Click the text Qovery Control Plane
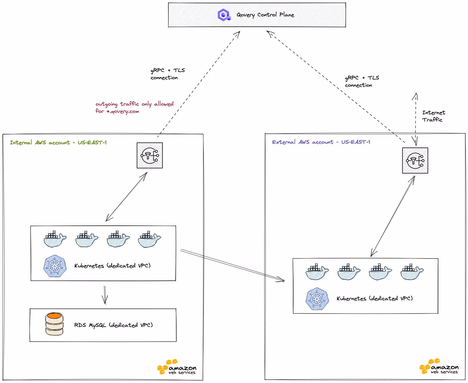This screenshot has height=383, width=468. click(265, 15)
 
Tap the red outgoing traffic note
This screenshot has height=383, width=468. click(134, 107)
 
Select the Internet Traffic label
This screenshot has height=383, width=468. click(433, 116)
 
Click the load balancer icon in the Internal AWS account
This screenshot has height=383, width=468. click(150, 155)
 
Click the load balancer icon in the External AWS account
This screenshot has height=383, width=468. click(415, 160)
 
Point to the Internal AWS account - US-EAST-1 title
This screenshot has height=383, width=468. click(58, 142)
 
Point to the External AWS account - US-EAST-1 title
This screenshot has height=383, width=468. click(321, 142)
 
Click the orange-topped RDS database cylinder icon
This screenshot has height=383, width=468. click(54, 324)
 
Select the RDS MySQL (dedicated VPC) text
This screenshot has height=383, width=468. click(113, 325)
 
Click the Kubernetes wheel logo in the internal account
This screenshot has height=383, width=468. click(55, 266)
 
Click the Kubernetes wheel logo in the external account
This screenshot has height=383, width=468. click(317, 299)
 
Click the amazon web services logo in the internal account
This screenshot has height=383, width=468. click(177, 367)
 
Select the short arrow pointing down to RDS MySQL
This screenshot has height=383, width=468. click(105, 295)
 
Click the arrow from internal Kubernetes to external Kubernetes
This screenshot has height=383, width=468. click(232, 265)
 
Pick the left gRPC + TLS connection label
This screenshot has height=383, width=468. click(167, 74)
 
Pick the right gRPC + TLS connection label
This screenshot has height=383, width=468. click(362, 81)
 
